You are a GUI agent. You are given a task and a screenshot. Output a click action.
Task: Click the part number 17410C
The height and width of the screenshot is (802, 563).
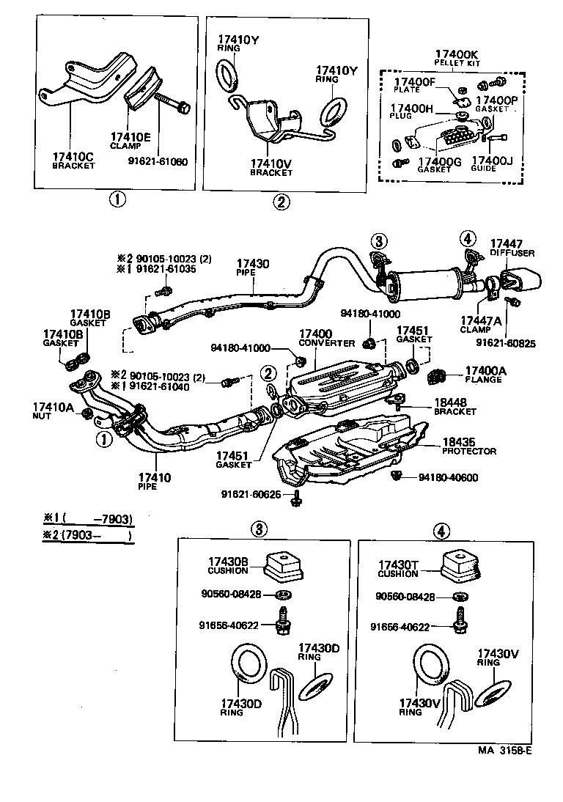point(73,157)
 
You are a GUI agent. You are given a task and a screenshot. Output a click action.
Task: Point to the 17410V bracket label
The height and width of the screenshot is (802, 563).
point(271,164)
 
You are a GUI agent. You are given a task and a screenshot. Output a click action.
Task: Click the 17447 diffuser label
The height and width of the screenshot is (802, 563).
point(506,243)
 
